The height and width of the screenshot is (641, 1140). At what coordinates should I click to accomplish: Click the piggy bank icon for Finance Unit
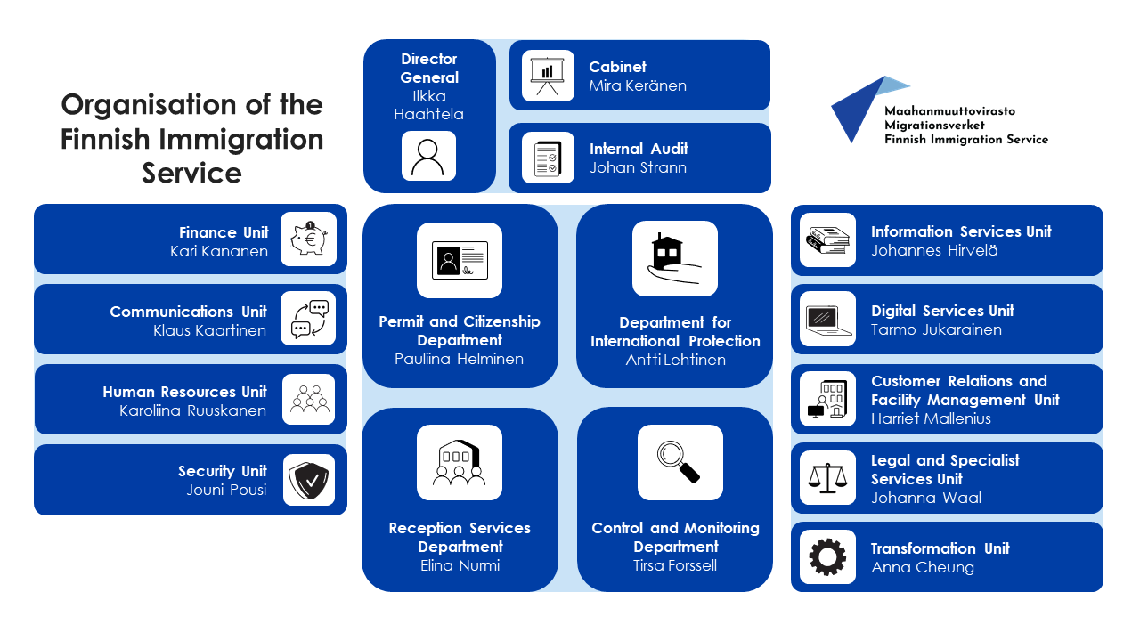coord(308,239)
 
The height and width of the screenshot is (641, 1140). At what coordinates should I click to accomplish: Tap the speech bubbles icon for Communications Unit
coord(308,319)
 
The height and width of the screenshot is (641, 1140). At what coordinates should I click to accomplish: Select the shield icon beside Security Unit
coord(309,480)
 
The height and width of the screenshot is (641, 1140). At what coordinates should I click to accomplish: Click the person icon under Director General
coord(428,157)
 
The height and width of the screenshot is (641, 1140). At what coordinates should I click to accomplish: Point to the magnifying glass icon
coord(680,462)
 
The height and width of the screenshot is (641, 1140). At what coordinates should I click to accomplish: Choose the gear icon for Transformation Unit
coord(827,557)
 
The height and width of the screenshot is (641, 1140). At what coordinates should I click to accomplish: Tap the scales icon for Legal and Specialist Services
coord(827,478)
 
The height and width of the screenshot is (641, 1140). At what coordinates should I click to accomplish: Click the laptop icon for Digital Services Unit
coord(827,319)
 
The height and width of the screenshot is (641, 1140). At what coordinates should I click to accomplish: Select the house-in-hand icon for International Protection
coord(674,258)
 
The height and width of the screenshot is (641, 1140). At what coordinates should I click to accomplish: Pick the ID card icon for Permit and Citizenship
coord(460,260)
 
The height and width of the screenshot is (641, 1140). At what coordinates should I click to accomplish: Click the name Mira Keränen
coord(638,86)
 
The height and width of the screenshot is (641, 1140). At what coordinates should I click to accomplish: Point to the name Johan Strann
coord(638,167)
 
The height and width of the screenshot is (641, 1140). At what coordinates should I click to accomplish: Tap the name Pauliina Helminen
coord(460,359)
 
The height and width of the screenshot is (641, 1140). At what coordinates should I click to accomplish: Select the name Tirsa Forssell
coord(675,565)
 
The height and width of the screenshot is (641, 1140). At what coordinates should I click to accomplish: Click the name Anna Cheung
coord(923,567)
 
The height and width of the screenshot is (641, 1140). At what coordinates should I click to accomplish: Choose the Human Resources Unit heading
coord(184,392)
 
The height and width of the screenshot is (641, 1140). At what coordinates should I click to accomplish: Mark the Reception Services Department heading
coord(460,537)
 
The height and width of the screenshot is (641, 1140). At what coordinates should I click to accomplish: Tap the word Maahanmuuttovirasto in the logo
coord(949,111)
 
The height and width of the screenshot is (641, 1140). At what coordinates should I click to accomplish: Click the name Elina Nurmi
coord(460,565)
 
